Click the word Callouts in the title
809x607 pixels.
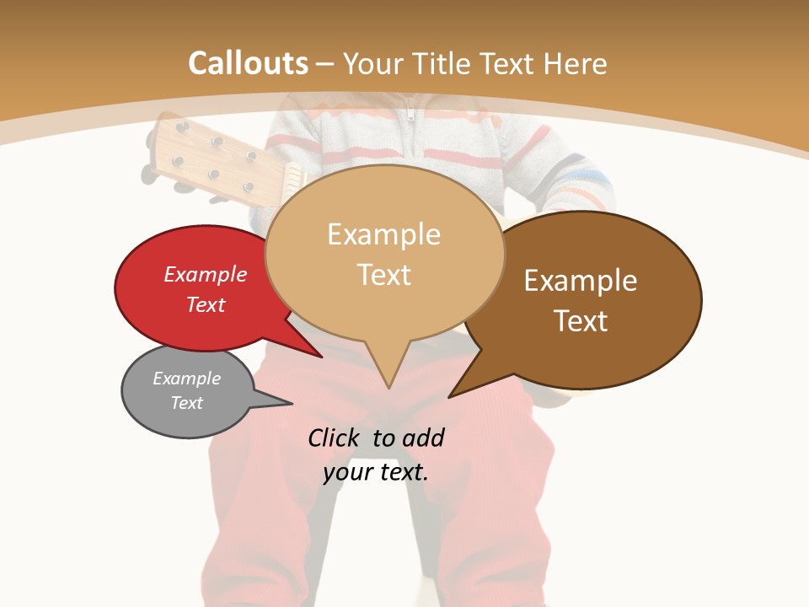tap(248, 63)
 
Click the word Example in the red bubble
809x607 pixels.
tap(206, 274)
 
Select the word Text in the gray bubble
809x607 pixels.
tap(187, 403)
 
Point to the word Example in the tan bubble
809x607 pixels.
tap(383, 234)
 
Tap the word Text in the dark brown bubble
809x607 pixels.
tap(581, 321)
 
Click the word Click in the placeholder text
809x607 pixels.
tap(336, 438)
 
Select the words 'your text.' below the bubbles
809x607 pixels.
tap(376, 472)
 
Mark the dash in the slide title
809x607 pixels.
tap(326, 64)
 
